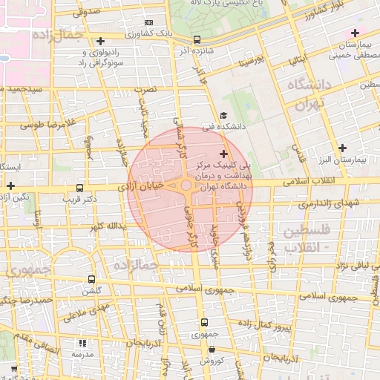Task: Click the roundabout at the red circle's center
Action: (x=186, y=186)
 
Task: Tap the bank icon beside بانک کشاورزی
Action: (x=148, y=23)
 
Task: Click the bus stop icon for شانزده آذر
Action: (x=196, y=39)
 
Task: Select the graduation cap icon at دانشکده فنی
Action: (x=223, y=115)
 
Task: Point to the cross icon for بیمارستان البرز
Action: (x=342, y=148)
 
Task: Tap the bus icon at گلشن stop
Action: (x=91, y=280)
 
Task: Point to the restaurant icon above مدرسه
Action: (x=82, y=343)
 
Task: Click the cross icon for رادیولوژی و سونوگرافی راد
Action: (x=101, y=41)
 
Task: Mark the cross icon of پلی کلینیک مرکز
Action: (x=224, y=153)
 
